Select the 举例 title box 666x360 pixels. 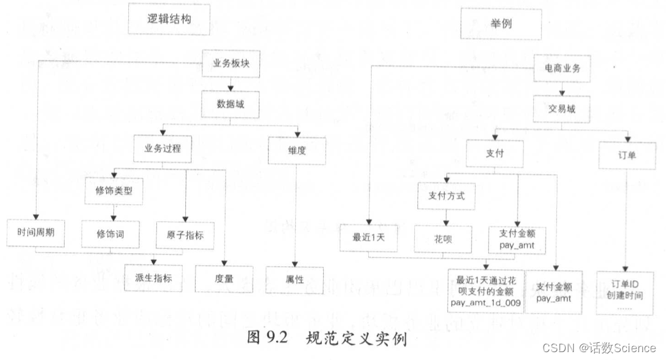click(x=500, y=22)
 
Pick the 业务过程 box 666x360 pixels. click(x=162, y=149)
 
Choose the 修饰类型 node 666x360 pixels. click(x=114, y=191)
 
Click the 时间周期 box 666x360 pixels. click(x=36, y=232)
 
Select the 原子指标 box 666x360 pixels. click(x=185, y=234)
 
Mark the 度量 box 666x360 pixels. click(x=224, y=278)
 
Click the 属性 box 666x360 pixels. click(x=295, y=279)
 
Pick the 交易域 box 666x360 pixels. click(x=562, y=109)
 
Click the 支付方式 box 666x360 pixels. click(x=446, y=195)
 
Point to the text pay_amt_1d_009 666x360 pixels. click(x=485, y=303)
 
